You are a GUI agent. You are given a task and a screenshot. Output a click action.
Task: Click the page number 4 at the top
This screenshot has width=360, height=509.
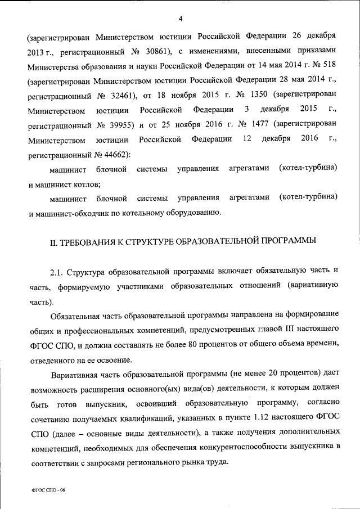(181, 19)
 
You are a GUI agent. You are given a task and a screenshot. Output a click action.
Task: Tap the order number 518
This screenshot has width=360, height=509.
(328, 66)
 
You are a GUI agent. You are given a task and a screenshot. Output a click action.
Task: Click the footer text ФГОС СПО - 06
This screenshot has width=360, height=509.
(48, 490)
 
